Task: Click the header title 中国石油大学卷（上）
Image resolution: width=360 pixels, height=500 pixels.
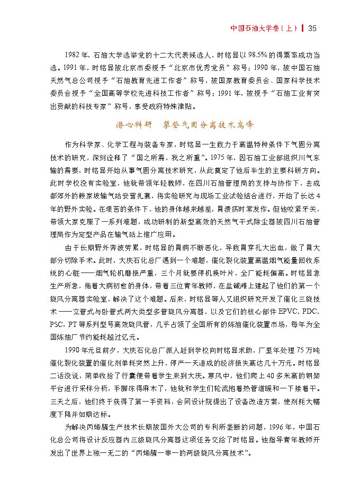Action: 265,28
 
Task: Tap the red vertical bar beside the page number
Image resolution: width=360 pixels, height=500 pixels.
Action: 303,28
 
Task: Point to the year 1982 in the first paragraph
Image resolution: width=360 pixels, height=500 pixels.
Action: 73,54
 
